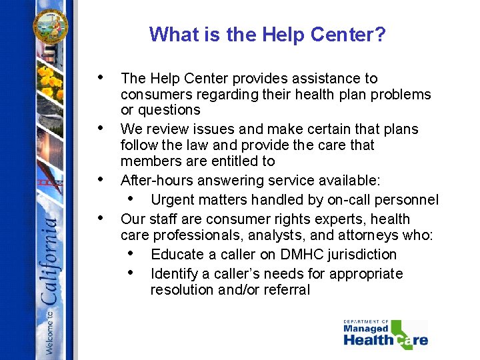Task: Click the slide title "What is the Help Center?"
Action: pos(267,34)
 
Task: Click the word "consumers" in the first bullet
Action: pos(153,95)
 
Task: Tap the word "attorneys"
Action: pos(369,235)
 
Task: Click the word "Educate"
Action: pos(177,255)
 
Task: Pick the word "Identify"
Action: pos(175,274)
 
